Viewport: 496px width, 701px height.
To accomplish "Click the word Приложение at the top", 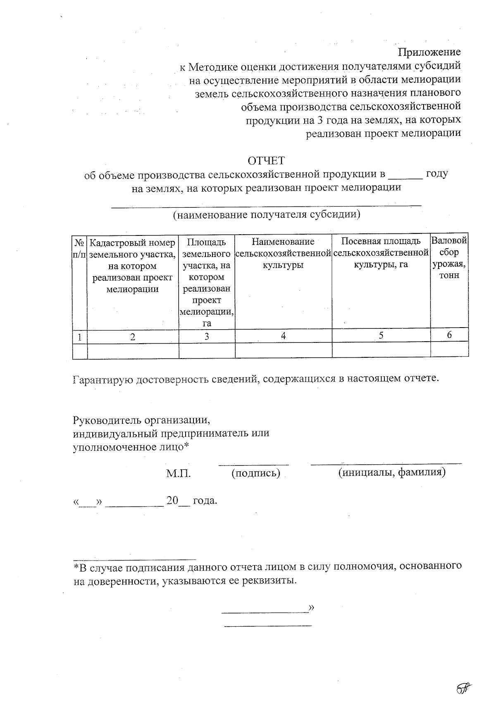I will click(429, 52).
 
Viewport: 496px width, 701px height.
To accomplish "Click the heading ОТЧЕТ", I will click(266, 160).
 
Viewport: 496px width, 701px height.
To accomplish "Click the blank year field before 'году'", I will click(406, 175).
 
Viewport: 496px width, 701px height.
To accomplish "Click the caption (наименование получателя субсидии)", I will click(266, 214).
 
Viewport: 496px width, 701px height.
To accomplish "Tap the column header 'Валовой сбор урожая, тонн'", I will click(449, 258).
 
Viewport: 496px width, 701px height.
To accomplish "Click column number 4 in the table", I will click(283, 336).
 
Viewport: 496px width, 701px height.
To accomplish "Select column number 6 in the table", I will click(449, 335).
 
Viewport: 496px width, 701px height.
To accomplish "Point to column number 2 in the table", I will click(133, 337).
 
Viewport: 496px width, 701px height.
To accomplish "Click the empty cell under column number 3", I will click(207, 350).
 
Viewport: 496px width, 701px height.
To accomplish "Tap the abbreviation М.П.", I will click(179, 473).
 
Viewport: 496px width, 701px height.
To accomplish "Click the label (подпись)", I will click(256, 473).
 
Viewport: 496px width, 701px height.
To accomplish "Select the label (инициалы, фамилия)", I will click(392, 472).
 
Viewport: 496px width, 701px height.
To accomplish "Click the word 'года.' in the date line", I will click(205, 501).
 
